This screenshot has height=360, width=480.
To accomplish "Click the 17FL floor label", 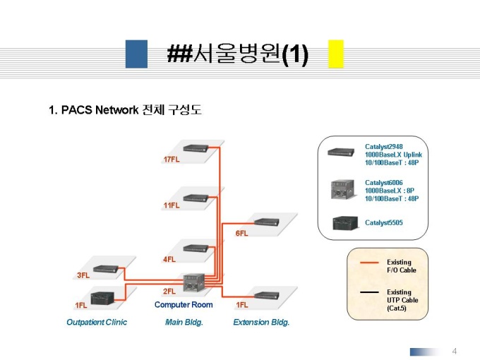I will pos(172,160).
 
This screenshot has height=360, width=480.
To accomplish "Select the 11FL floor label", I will pos(172,205).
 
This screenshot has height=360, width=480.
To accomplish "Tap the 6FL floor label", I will pos(241,233).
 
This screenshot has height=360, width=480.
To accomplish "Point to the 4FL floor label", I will pos(169,259).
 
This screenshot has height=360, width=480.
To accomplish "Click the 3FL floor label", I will pos(83,275).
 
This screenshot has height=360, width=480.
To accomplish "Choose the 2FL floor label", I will pos(169,291).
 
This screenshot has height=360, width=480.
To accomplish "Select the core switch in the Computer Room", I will pos(193,284).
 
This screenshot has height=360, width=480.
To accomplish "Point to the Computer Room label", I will pos(184,305).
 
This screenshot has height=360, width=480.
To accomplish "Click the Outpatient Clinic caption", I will pos(96,322).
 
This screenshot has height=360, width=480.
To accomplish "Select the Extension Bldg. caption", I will pos(261,322).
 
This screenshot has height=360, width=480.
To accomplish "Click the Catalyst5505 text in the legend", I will pos(384,223).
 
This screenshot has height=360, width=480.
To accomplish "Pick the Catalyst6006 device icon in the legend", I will pos(342,191).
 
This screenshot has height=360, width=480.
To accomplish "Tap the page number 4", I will pos(455,351).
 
